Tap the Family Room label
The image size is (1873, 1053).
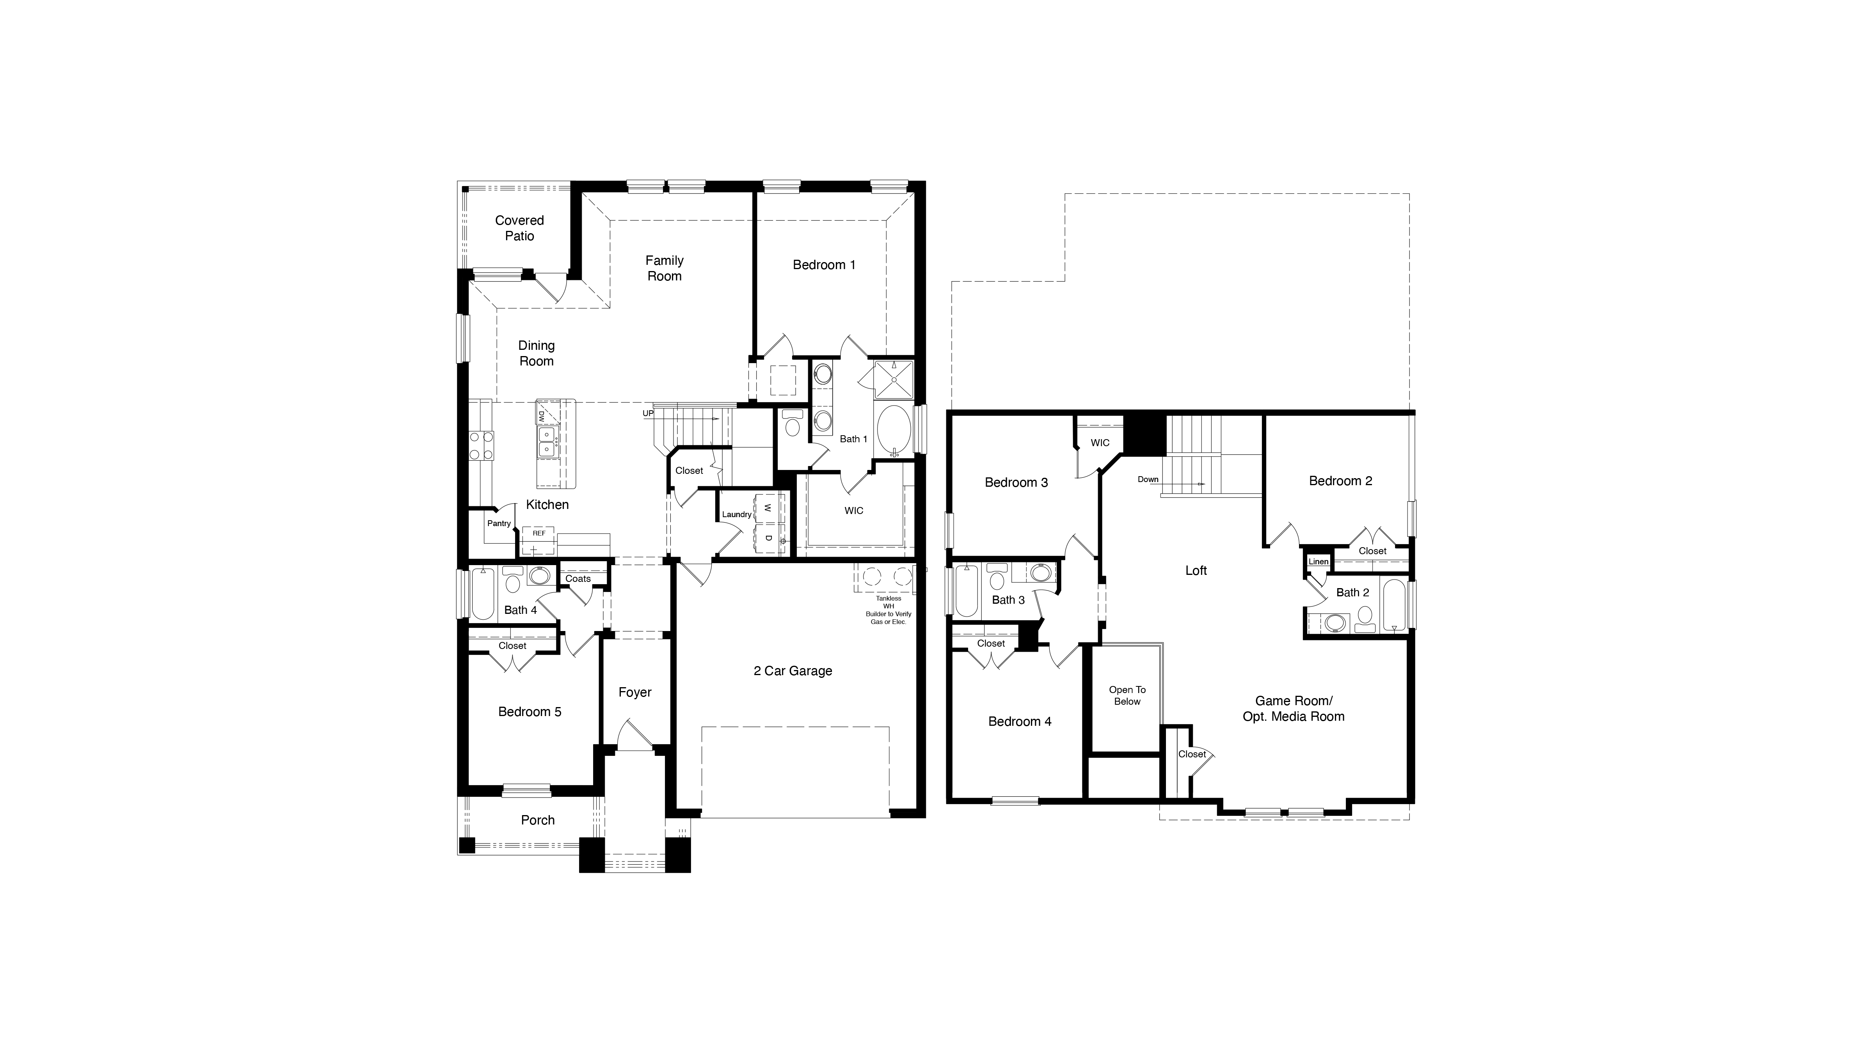pos(664,268)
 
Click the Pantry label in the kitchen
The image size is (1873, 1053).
pos(499,524)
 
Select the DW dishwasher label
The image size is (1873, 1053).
pos(542,417)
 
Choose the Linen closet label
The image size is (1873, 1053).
pos(1318,562)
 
